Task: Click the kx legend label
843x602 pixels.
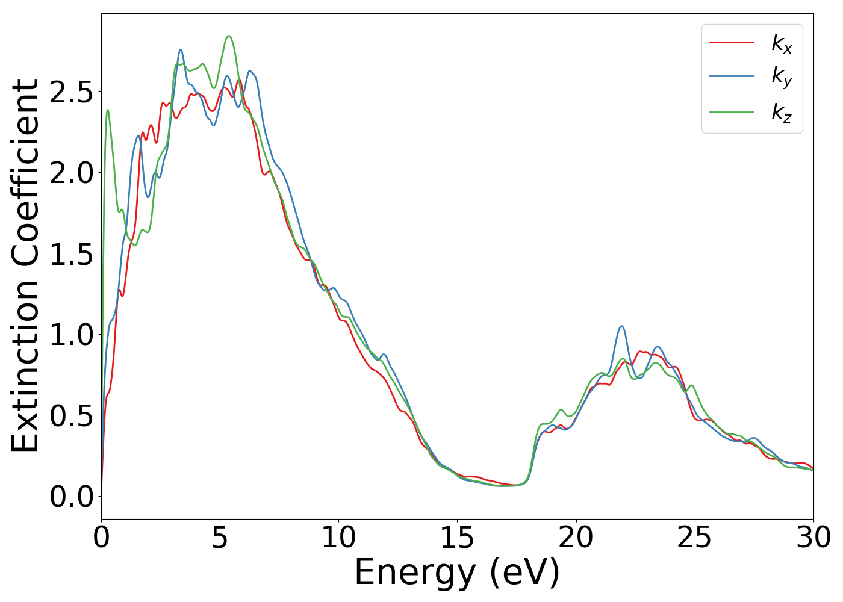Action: [x=782, y=43]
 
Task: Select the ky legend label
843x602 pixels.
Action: [x=782, y=77]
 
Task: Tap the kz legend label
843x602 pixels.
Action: [x=782, y=112]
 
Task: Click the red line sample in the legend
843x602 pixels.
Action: [x=732, y=42]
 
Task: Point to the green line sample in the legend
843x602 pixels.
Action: [x=732, y=111]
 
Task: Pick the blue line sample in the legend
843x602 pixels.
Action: [x=732, y=76]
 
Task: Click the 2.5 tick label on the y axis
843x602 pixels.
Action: [x=72, y=92]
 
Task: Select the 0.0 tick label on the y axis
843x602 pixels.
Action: [x=72, y=497]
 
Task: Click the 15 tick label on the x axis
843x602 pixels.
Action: [x=457, y=538]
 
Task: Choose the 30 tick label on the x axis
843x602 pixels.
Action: [x=813, y=538]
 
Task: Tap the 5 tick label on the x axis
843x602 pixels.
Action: [x=220, y=538]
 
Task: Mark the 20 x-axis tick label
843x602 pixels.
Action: [x=576, y=538]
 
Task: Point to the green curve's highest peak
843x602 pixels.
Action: [x=228, y=36]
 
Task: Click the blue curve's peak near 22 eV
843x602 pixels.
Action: [x=621, y=326]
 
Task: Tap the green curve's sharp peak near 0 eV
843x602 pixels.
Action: [x=108, y=110]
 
